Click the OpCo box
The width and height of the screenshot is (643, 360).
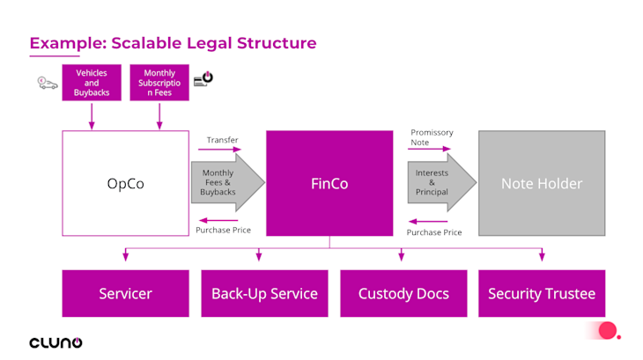(125, 184)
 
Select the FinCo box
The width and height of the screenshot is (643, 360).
(329, 184)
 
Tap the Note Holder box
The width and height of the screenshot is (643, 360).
(542, 184)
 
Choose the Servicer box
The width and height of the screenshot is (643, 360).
(125, 293)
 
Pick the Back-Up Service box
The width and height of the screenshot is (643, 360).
(264, 293)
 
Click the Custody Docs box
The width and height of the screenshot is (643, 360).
(403, 293)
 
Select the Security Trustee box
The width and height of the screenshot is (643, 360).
(542, 293)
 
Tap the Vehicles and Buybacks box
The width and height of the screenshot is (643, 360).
(92, 83)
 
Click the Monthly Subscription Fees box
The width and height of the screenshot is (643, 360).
(159, 83)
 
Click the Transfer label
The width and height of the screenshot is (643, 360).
(222, 140)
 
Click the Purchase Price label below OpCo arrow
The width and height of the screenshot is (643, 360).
(223, 230)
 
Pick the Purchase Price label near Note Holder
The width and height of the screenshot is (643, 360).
(434, 232)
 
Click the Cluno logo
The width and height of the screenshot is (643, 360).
(55, 342)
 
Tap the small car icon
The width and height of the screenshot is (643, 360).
(47, 83)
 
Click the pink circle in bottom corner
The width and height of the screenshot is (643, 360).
(607, 331)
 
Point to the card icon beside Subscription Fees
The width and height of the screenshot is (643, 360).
(203, 79)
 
